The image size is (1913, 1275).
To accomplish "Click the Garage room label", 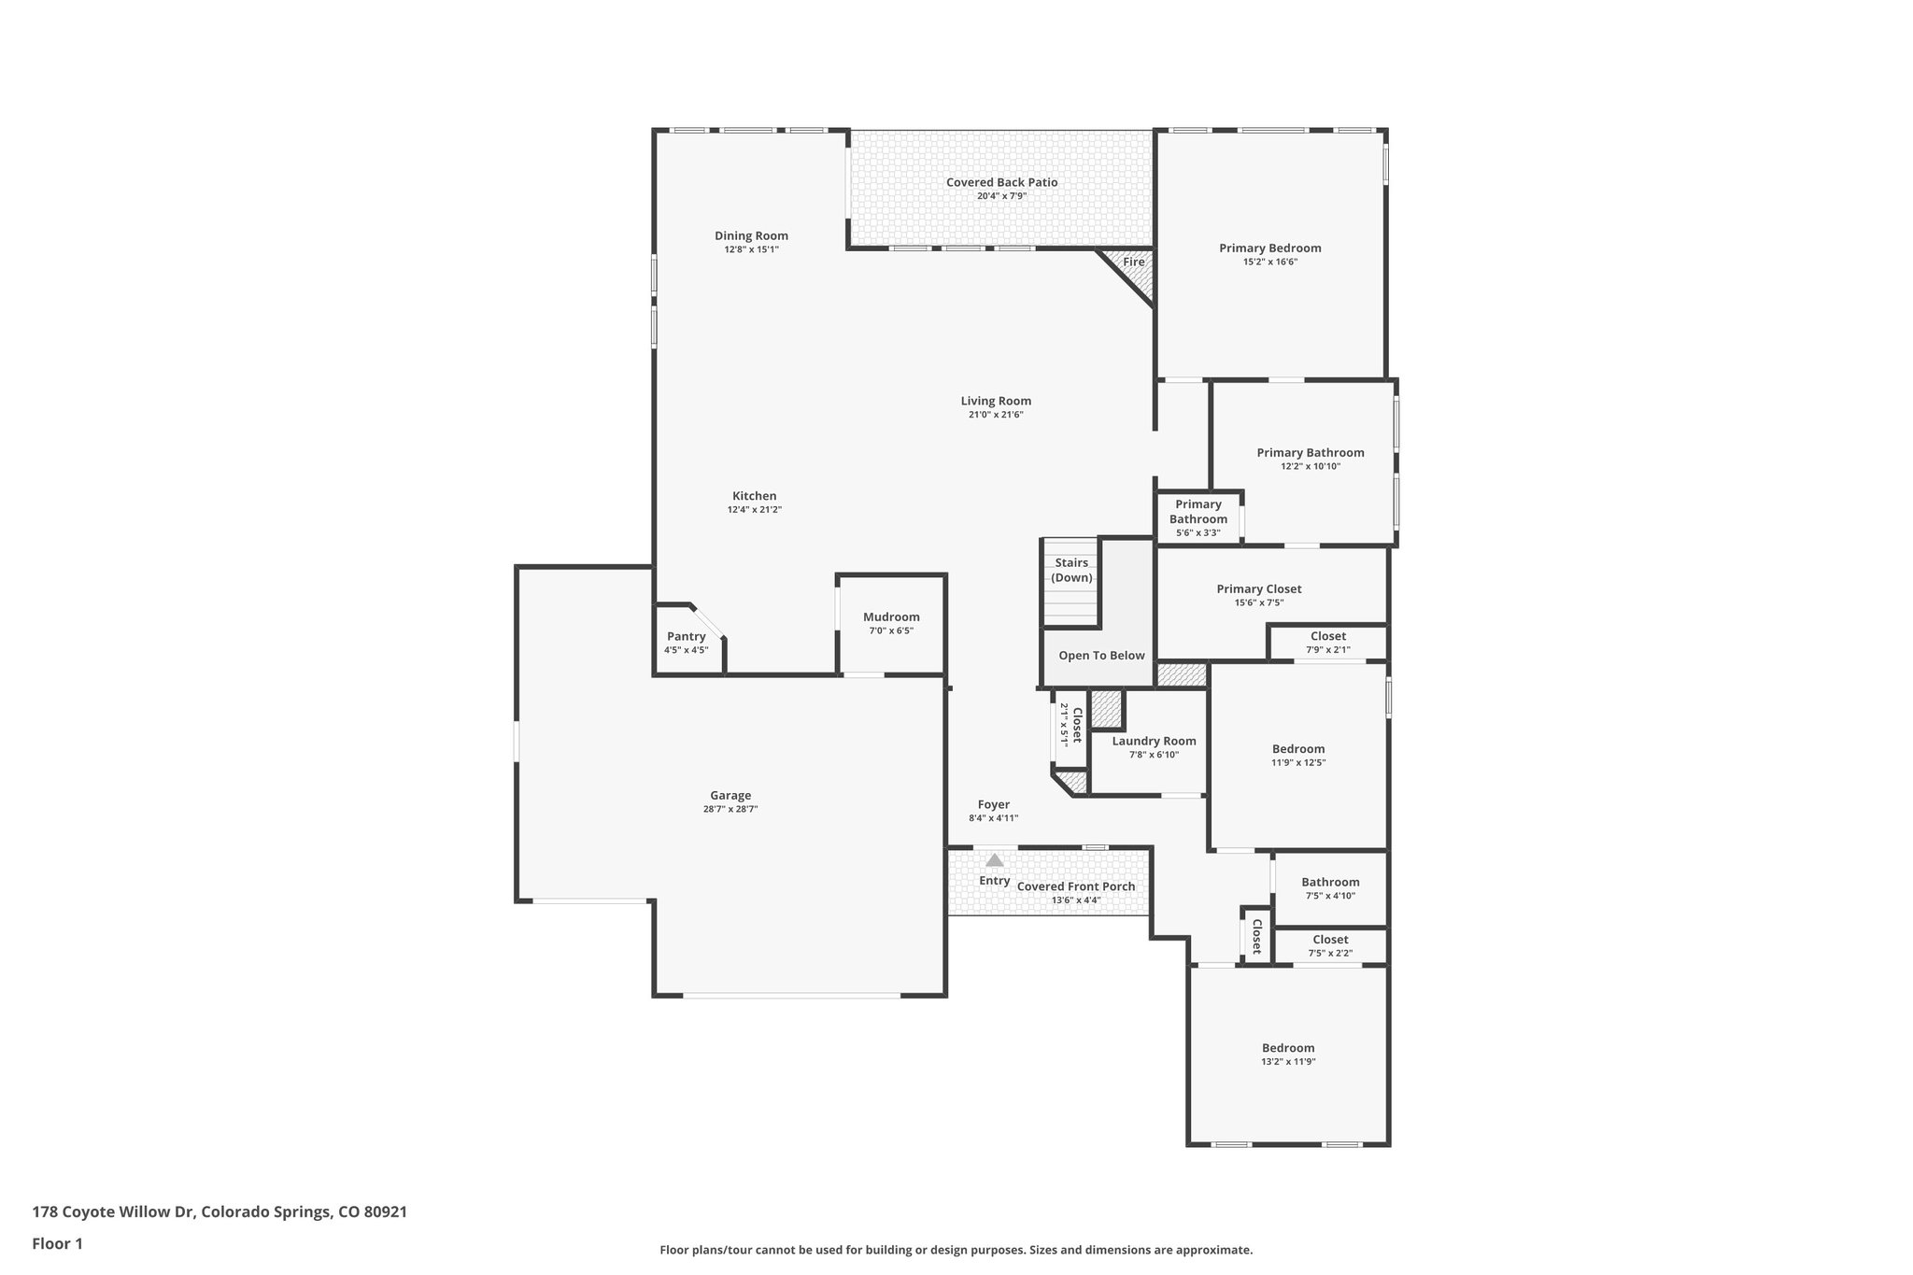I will [730, 796].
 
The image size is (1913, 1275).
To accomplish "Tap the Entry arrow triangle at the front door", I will [995, 860].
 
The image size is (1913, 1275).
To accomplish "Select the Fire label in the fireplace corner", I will [1133, 262].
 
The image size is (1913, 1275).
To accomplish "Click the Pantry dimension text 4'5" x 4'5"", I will [686, 650].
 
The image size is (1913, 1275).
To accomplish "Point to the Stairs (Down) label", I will [1071, 570].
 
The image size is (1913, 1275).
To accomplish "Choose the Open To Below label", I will [1101, 656].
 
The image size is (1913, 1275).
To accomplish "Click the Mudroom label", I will [891, 617].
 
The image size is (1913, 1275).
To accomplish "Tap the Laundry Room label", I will [1154, 742].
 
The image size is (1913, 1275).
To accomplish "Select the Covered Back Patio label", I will [1001, 182].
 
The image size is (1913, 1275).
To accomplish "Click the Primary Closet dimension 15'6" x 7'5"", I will [1258, 602].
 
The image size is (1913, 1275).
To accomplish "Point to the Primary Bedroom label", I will [1269, 248].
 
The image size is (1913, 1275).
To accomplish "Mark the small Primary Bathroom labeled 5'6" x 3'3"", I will [1197, 517].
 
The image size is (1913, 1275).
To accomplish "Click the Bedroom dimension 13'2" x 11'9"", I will [1288, 1062].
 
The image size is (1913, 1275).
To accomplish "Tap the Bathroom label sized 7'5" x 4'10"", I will [1330, 883].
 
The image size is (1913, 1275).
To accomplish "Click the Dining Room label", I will [751, 236].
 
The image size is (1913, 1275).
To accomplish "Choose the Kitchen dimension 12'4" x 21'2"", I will [754, 510].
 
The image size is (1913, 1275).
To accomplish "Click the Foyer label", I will [993, 805].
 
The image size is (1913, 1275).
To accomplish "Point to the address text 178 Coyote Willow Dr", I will [112, 1212].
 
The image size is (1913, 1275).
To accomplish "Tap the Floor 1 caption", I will [57, 1243].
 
